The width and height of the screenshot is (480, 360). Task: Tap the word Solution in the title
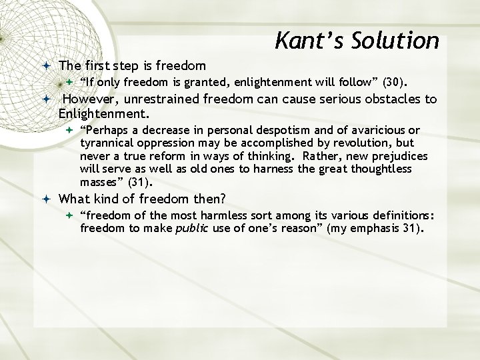click(397, 41)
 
